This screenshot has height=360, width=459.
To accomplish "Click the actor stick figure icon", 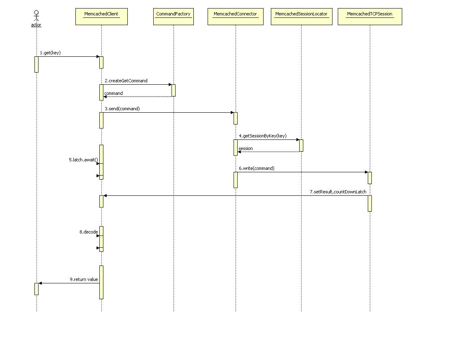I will click(36, 16).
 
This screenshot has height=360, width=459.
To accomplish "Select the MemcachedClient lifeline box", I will click(101, 17).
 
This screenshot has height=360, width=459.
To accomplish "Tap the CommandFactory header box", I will click(173, 17).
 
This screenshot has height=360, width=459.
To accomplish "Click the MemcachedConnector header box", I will click(235, 17).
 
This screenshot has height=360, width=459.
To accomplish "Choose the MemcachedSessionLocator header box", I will click(301, 17).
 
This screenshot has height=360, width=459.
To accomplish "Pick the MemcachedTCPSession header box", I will click(370, 17).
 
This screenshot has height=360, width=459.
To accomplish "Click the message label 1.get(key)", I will click(50, 53).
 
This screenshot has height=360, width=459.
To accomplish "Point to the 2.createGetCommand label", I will click(126, 81).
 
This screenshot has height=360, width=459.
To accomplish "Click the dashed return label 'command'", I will click(114, 93).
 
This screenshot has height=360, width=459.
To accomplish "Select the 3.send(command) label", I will click(122, 109).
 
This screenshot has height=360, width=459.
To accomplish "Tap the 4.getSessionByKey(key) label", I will click(262, 136).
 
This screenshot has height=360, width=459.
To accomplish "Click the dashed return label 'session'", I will click(246, 148).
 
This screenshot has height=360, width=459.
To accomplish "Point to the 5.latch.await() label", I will click(83, 160).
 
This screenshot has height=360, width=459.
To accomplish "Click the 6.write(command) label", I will click(256, 168).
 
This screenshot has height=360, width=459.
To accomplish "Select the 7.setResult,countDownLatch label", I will click(341, 192).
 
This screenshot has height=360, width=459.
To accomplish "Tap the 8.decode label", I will click(88, 232).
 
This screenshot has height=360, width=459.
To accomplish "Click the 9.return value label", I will click(84, 279).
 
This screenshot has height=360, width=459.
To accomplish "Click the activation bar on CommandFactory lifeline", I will click(174, 90).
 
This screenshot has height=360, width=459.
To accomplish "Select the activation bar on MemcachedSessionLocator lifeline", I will click(301, 146).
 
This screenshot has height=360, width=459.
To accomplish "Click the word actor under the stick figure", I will click(36, 25).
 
